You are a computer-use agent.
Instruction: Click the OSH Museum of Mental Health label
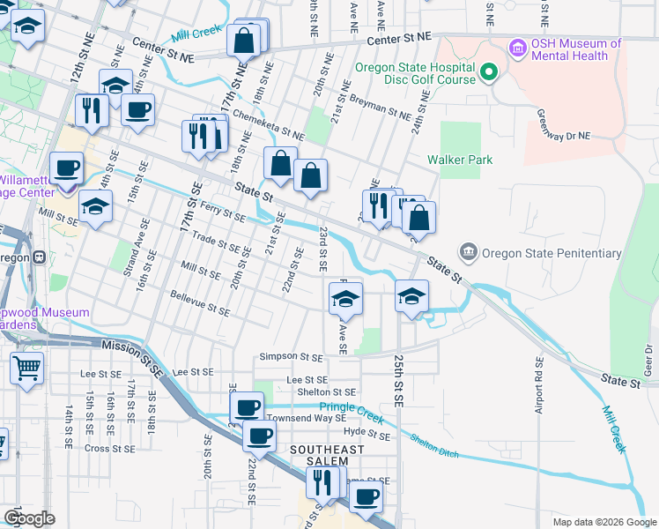(576, 49)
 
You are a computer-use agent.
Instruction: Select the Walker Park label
(459, 160)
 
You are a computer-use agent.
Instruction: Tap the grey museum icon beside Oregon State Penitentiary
(468, 254)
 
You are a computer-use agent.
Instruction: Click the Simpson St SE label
(291, 357)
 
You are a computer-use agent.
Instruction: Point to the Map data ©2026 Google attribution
(603, 522)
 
